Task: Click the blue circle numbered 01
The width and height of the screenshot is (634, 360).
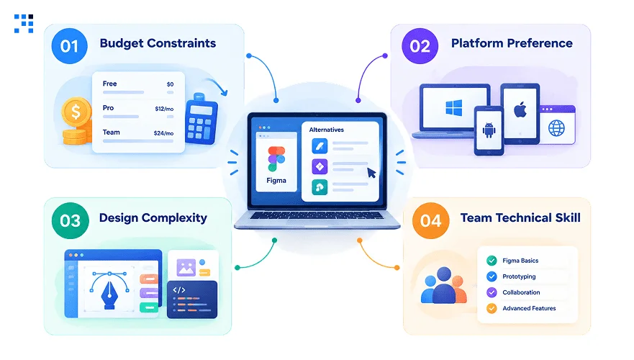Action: point(69,46)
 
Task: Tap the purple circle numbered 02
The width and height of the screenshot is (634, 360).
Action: point(420,46)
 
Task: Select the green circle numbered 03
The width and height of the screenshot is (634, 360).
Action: point(71,220)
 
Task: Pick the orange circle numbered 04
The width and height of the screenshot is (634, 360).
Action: point(430,220)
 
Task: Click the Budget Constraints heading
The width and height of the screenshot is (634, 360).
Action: point(158,43)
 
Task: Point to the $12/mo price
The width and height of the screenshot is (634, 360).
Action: point(164,109)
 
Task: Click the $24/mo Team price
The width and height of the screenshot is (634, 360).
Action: point(164,133)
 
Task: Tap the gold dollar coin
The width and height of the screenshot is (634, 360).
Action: point(76,112)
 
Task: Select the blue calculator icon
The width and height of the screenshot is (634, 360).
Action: point(201,119)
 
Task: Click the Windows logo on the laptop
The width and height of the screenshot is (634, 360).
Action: point(453,108)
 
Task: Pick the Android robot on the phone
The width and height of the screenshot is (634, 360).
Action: point(489,130)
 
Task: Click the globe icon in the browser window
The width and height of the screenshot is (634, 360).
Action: point(556,128)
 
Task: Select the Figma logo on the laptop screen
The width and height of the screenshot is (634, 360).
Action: point(276,159)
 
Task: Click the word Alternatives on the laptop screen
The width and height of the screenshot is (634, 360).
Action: point(326,130)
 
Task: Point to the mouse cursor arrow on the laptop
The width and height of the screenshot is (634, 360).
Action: point(371,173)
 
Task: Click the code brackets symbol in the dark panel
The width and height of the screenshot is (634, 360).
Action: point(179,290)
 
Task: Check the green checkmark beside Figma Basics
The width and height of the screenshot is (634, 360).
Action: point(492,261)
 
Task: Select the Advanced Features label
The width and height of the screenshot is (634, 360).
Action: point(529,308)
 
